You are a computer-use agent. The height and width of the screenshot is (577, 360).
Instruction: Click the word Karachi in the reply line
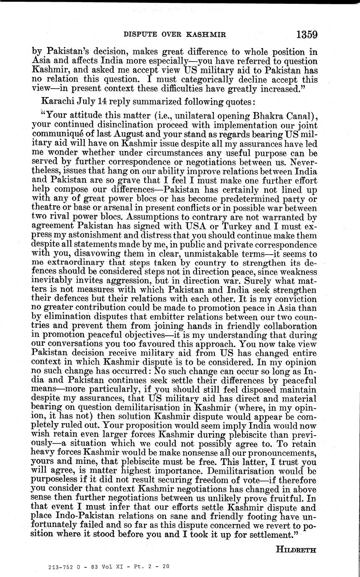click(x=56, y=102)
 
